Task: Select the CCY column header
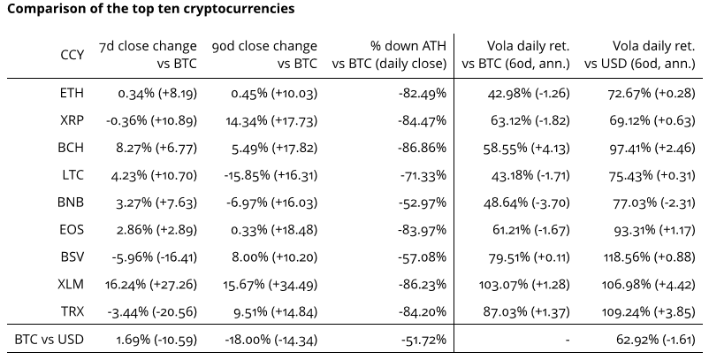[72, 54]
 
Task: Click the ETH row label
[72, 92]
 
